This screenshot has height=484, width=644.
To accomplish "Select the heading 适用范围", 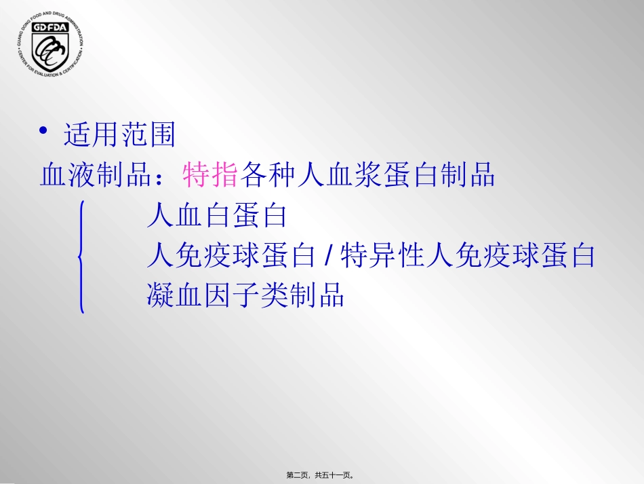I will click(119, 134).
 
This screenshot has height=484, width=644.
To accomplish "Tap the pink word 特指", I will click(210, 176).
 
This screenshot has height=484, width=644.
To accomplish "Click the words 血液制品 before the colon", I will click(96, 176).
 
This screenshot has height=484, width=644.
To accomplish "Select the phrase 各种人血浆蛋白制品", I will click(367, 176).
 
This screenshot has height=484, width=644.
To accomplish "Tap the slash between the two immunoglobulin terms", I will click(328, 256).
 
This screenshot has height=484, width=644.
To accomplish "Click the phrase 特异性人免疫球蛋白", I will click(467, 256).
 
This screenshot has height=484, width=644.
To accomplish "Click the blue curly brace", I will click(81, 257).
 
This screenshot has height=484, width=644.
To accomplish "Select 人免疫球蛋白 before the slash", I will click(231, 256).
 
